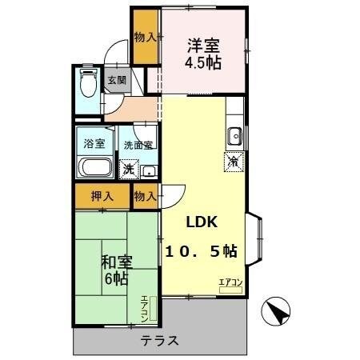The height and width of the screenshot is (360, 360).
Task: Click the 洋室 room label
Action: pyautogui.click(x=204, y=46)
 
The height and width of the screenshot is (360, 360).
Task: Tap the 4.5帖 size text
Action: pyautogui.click(x=204, y=62)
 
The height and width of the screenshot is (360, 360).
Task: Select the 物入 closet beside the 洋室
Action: pyautogui.click(x=145, y=36)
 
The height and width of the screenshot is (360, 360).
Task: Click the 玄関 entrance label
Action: pyautogui.click(x=117, y=82)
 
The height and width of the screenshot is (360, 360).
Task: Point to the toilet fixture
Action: pyautogui.click(x=88, y=82)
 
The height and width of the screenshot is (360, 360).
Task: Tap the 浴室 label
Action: pyautogui.click(x=94, y=144)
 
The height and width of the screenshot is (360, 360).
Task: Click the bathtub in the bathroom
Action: pyautogui.click(x=94, y=169)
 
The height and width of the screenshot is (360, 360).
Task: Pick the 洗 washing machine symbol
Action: pyautogui.click(x=128, y=170)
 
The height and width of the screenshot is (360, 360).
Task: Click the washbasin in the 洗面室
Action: pyautogui.click(x=149, y=170)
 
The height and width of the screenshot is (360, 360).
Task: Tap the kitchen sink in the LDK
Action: pyautogui.click(x=234, y=136)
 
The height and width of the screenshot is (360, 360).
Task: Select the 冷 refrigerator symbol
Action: pyautogui.click(x=233, y=162)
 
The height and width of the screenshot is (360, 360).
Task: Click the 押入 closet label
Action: pyautogui.click(x=102, y=196)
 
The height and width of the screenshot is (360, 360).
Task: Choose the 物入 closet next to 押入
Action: pyautogui.click(x=145, y=196)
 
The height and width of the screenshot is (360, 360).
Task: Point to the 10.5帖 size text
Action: pyautogui.click(x=201, y=250)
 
